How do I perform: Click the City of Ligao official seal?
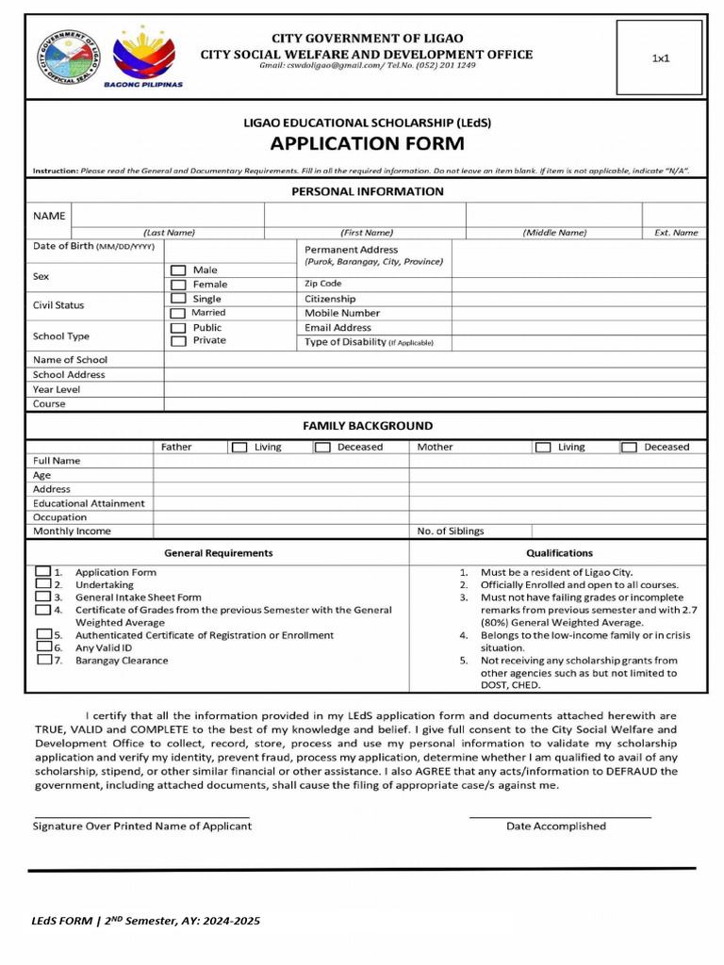67,56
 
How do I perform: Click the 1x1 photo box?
660,58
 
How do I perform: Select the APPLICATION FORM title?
367,143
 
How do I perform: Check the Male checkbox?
178,270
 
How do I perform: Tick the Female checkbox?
178,285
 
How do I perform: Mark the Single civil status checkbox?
178,299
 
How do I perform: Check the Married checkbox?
178,313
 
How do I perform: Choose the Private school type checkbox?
178,341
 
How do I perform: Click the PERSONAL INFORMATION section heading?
367,191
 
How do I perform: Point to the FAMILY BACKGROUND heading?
368,426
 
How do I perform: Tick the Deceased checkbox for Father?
322,448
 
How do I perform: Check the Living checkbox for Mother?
543,448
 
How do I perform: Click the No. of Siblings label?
451,532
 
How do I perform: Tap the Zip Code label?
322,284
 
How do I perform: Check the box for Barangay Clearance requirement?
44,660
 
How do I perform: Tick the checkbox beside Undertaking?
42,584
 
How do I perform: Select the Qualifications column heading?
559,553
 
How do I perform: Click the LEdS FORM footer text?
146,921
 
